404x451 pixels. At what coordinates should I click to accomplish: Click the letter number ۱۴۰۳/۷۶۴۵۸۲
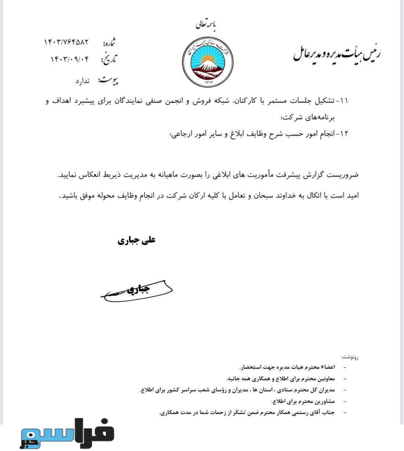pos(66,42)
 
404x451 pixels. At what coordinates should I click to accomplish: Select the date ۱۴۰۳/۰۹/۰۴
pos(70,59)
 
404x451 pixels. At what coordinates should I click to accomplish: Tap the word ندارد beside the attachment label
pos(82,81)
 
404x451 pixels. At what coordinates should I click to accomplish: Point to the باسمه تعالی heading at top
pos(207,25)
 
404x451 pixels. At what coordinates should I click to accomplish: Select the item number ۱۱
pos(344,101)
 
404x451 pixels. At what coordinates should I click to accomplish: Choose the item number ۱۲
pos(344,134)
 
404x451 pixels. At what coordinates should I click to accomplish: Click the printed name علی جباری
pos(137,241)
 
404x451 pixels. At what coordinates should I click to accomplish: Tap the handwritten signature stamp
pos(137,291)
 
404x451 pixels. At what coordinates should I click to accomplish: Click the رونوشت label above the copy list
pos(349,357)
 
